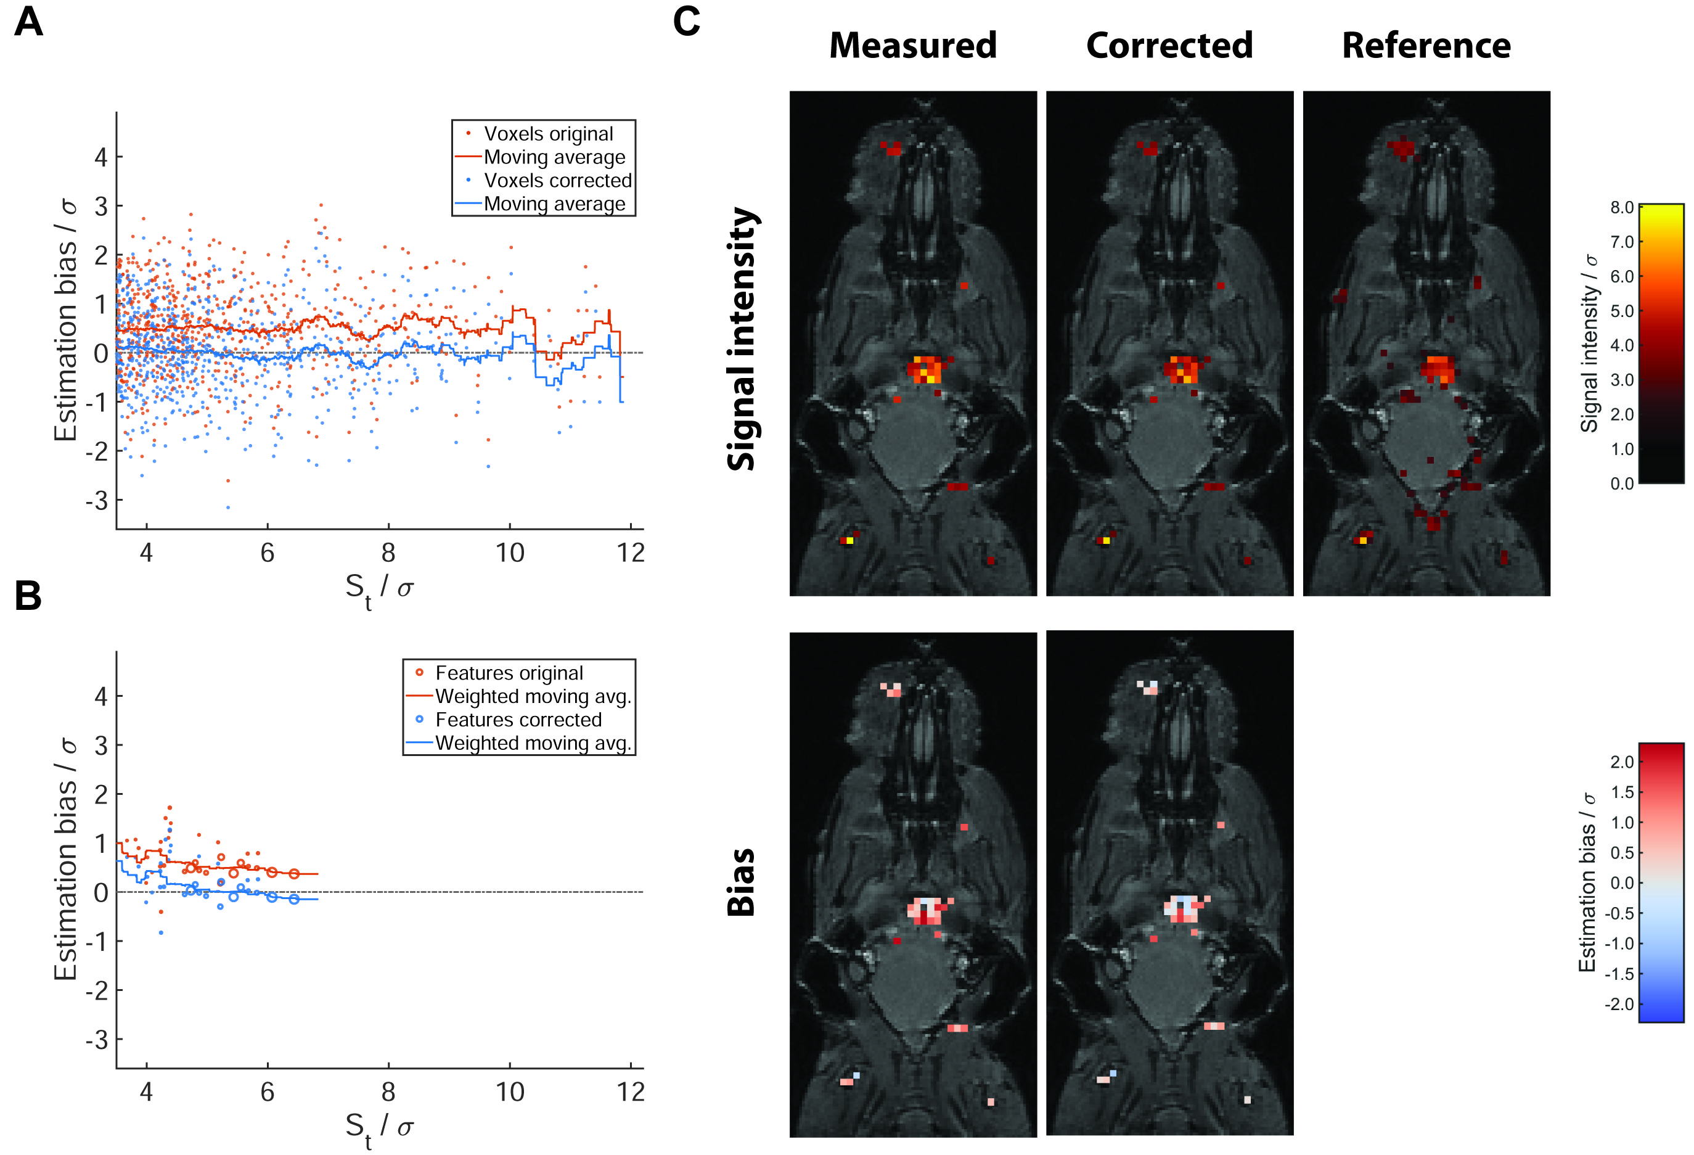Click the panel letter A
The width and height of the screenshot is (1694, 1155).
point(28,22)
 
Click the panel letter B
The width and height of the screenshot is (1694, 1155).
point(28,596)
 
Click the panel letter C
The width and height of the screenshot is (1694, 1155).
point(686,22)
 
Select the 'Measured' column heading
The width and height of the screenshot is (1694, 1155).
point(912,45)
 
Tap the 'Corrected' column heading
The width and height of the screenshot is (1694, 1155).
point(1169,45)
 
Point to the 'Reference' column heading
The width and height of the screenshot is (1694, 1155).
point(1426,45)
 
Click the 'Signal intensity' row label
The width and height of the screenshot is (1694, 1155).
point(742,339)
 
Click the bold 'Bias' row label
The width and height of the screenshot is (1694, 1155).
point(742,882)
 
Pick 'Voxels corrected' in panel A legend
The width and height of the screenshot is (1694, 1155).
point(558,180)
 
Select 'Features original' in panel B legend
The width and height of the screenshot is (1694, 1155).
point(509,672)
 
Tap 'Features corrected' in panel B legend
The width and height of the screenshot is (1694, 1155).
point(518,719)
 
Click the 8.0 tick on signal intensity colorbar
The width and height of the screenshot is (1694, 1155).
point(1621,208)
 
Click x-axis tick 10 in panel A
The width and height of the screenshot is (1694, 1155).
point(510,553)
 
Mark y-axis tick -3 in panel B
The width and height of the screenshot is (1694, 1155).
point(97,1040)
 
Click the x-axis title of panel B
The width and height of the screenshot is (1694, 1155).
point(379,1127)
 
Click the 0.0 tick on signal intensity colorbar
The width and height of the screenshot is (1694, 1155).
point(1621,483)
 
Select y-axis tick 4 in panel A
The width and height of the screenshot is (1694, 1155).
point(100,157)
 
